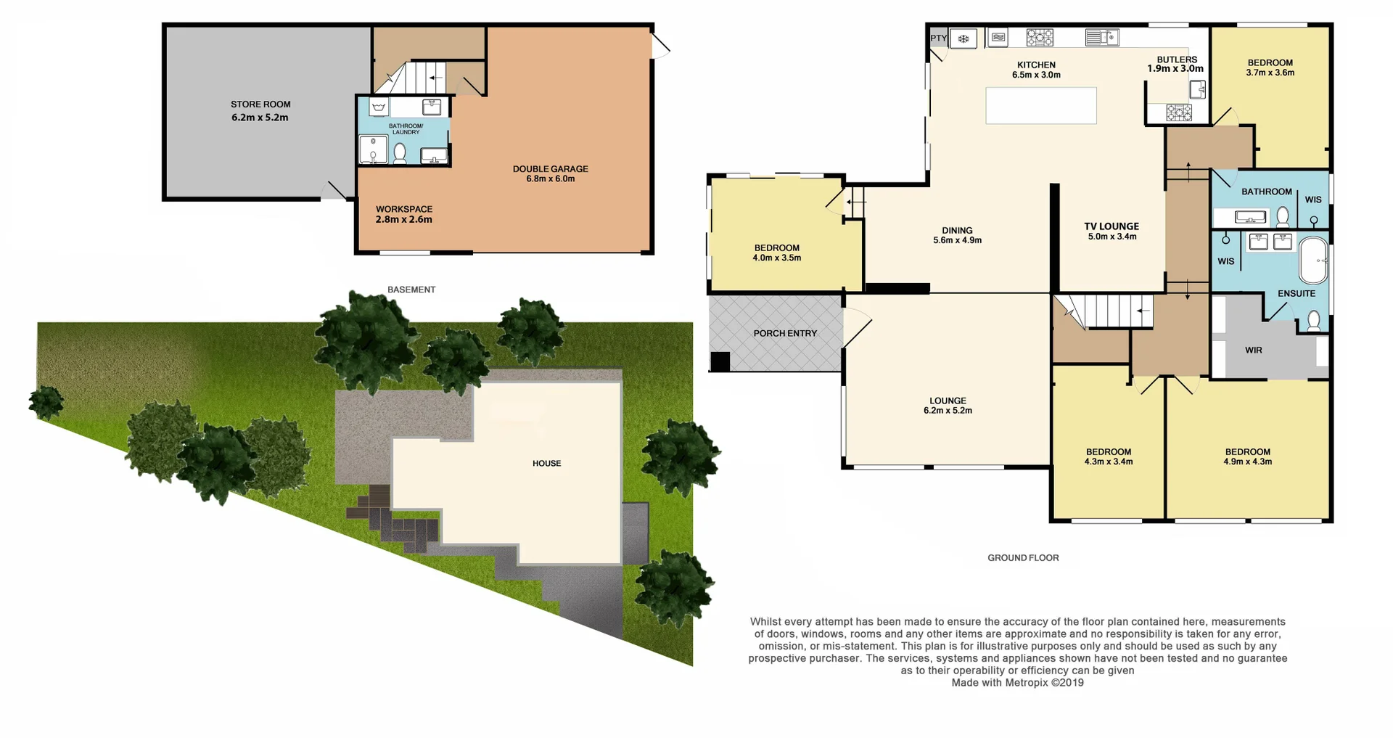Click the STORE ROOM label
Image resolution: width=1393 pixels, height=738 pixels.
pos(260,104)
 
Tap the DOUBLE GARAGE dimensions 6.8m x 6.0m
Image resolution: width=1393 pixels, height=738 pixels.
pos(550,179)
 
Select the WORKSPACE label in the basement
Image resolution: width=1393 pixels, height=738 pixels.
pos(404,209)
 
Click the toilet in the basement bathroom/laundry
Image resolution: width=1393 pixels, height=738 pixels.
pos(400,153)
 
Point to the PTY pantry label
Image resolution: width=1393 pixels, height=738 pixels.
pos(938,38)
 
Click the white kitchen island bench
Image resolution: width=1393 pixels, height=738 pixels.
pos(1040,105)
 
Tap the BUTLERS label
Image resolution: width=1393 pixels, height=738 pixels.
pos(1177,60)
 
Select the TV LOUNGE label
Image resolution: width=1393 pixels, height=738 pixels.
pos(1111,226)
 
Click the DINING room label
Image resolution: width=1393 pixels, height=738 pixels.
pos(957,231)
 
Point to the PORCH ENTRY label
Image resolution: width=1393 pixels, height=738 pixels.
pos(785,334)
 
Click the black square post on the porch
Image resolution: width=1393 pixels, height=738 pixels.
pos(720,361)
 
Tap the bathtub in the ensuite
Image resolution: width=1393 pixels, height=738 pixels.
pos(1313,260)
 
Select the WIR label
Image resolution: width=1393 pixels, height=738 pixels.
pos(1254,350)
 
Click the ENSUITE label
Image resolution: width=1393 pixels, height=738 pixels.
pos(1297,294)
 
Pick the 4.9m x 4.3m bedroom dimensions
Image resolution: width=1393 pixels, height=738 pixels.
pos(1248,462)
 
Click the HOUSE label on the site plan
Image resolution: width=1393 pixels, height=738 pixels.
pos(546,464)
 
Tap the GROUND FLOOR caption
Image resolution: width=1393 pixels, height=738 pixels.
pos(1023,558)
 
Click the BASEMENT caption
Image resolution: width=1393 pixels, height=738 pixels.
pos(411,290)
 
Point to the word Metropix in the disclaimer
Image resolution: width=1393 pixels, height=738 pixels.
pos(1027,683)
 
